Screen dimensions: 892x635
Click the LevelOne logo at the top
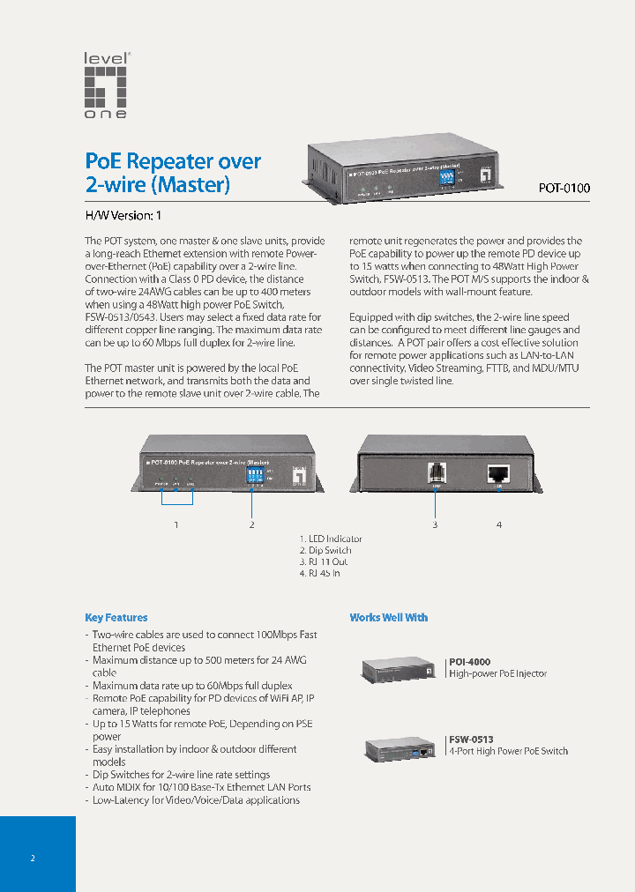click(106, 85)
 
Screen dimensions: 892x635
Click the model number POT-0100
click(564, 188)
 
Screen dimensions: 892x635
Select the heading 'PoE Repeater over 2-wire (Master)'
click(173, 173)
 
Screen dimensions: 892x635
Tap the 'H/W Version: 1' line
click(123, 215)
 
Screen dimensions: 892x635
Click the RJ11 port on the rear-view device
click(435, 472)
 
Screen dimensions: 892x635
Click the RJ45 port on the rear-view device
click(498, 472)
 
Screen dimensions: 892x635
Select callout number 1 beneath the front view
click(176, 524)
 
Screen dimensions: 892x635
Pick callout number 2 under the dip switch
click(252, 524)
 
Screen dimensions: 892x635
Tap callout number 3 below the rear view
click(435, 524)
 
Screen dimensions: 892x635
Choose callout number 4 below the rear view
click(499, 524)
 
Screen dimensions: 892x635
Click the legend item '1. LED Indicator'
click(331, 539)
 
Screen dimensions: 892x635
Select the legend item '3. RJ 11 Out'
click(324, 561)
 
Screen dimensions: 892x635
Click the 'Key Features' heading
click(116, 618)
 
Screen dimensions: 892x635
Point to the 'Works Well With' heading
click(388, 618)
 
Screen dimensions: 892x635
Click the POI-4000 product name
click(469, 661)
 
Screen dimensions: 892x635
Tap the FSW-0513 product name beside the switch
click(471, 740)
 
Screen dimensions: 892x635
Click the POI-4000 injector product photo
click(400, 670)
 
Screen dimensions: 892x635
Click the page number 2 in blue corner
click(33, 859)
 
